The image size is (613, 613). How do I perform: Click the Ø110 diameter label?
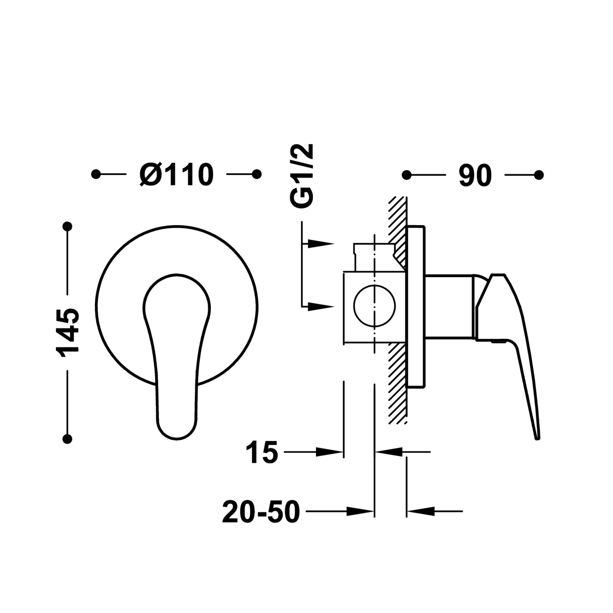pos(176,175)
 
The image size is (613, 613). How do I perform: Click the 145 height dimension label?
pos(69,333)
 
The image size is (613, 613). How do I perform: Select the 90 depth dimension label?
pos(475,176)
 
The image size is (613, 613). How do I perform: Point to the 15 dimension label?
pos(262,452)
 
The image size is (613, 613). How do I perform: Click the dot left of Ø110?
pos(96,175)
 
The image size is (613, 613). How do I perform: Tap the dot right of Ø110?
pos(257,175)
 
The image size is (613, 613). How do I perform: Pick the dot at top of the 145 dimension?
pos(67,226)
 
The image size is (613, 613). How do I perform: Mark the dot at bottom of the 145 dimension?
pos(67,439)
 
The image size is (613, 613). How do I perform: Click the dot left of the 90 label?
pos(407,175)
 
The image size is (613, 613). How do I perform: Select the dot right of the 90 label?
pos(539,175)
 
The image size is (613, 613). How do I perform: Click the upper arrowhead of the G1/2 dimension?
pos(322,244)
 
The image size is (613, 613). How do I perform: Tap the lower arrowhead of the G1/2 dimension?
pos(322,306)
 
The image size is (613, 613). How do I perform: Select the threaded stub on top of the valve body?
pos(374,257)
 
